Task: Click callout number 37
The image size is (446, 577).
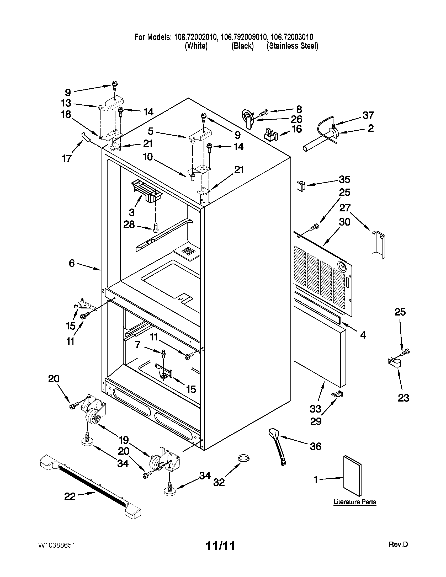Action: pyautogui.click(x=368, y=115)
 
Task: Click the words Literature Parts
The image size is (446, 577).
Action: pyautogui.click(x=355, y=502)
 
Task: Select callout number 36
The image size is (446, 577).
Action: pyautogui.click(x=315, y=446)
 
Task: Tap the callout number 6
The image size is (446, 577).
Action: pyautogui.click(x=72, y=263)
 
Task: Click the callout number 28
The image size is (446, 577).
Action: pyautogui.click(x=129, y=225)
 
